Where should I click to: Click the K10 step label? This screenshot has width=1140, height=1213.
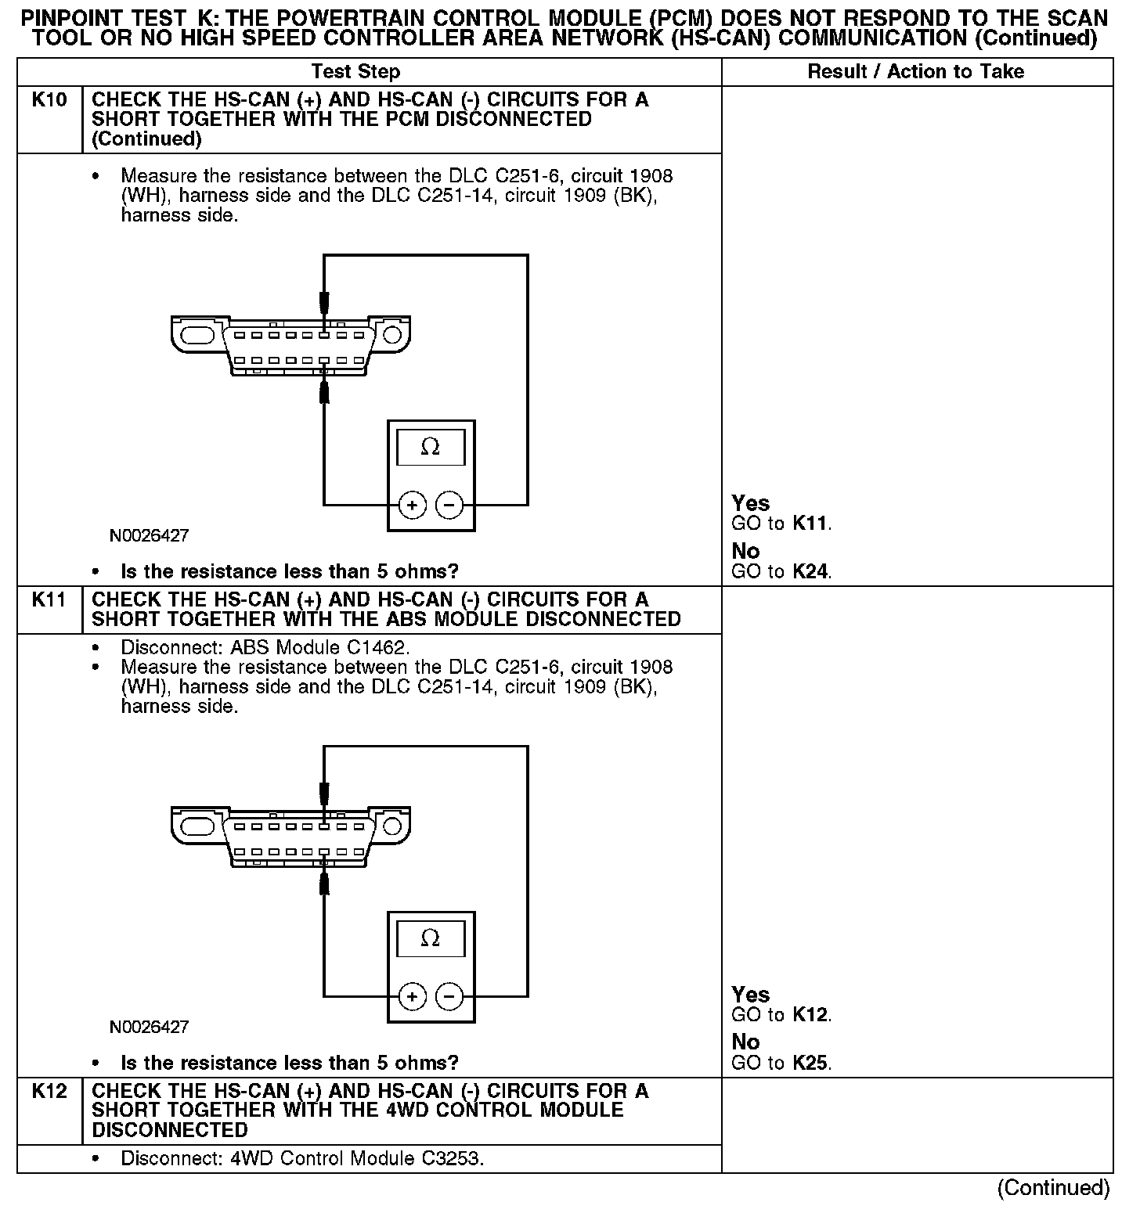[49, 100]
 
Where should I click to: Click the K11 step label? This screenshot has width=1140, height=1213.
[49, 600]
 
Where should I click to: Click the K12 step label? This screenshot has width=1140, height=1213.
[49, 1092]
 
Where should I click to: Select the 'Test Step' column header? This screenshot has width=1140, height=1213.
[355, 72]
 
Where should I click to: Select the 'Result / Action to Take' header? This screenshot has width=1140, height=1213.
[915, 72]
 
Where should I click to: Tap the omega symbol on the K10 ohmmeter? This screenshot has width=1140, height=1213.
[430, 448]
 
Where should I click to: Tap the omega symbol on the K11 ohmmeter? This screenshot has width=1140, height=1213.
[430, 938]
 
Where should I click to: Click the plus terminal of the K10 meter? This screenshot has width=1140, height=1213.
[412, 506]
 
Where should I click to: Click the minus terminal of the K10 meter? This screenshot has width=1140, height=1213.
[449, 506]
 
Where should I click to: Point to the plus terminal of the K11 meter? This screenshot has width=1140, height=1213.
[412, 996]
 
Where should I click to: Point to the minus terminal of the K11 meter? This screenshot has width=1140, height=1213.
[449, 996]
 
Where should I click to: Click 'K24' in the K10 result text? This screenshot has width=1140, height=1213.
[810, 572]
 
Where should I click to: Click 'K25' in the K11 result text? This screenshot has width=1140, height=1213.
[810, 1064]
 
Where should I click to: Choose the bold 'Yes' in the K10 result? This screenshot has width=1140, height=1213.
[750, 503]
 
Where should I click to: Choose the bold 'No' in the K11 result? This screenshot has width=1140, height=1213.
[745, 1042]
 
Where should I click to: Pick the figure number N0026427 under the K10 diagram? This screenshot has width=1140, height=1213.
[149, 536]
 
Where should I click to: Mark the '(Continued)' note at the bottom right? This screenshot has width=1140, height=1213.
[1053, 1188]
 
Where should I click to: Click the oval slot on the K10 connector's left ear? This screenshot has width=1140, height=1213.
[197, 335]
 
